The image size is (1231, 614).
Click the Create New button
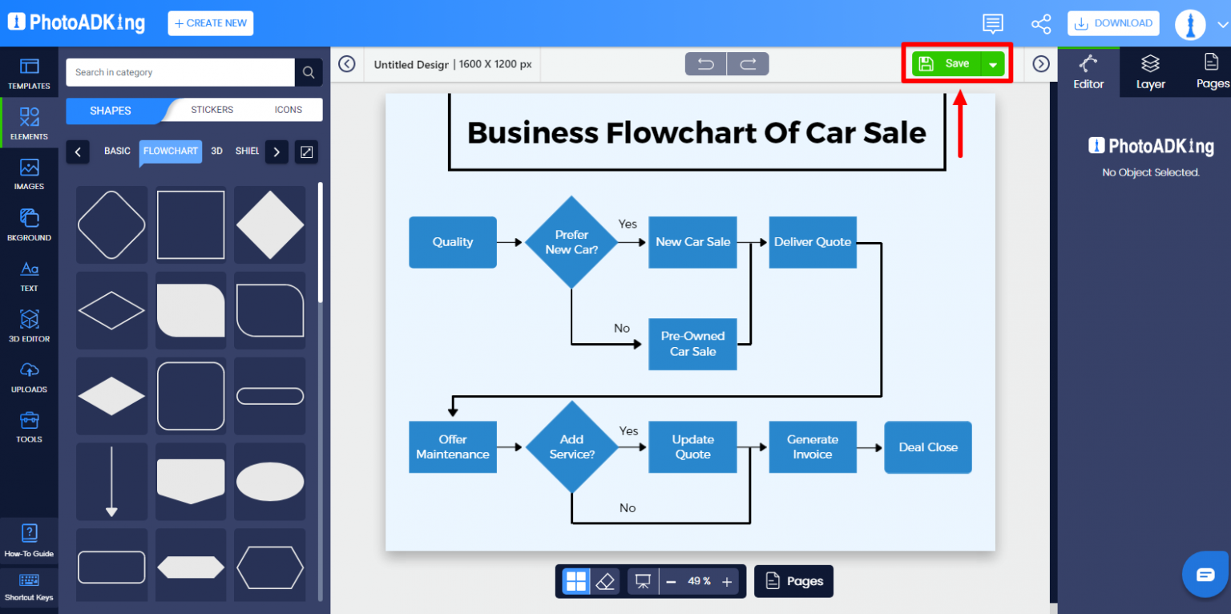(x=210, y=23)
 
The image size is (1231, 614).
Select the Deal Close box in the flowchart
(x=927, y=447)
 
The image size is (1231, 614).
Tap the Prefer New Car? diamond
(x=571, y=242)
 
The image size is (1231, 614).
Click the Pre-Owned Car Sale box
(x=692, y=344)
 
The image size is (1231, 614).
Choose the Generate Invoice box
(x=812, y=446)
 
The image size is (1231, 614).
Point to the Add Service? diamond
(x=571, y=446)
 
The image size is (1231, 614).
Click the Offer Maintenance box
(x=452, y=446)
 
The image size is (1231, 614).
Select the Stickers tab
(x=212, y=110)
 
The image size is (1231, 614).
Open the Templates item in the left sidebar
(x=29, y=73)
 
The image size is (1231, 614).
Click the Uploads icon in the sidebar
(x=29, y=377)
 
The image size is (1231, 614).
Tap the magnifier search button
(x=309, y=72)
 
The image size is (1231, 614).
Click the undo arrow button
(x=706, y=64)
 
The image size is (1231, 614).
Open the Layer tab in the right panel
(x=1150, y=72)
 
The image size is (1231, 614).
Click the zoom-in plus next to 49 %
(x=727, y=582)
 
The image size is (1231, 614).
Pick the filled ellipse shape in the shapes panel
(x=270, y=482)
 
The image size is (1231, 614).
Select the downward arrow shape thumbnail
(x=111, y=482)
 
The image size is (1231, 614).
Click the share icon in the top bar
(x=1041, y=23)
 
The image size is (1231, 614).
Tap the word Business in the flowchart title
(x=532, y=132)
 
